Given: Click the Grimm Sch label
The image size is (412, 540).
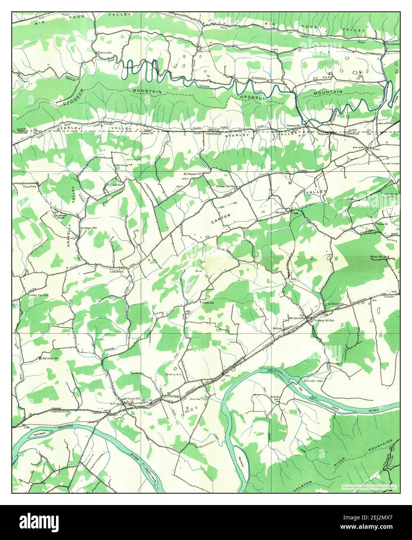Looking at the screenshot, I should click(x=105, y=52).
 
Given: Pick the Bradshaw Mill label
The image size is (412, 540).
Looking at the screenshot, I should click(x=89, y=228).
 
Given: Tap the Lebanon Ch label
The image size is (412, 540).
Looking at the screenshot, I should click(x=116, y=272).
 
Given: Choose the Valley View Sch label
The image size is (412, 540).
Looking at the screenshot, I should click(x=40, y=296).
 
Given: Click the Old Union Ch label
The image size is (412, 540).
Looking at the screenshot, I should click(x=50, y=358).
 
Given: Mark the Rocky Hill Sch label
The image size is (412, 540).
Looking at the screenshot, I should click(x=380, y=257).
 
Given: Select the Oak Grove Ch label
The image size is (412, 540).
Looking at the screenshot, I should click(x=335, y=303).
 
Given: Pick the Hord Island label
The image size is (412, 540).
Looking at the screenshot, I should click(x=40, y=434).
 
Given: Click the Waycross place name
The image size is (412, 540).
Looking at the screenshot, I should click(x=323, y=133).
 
